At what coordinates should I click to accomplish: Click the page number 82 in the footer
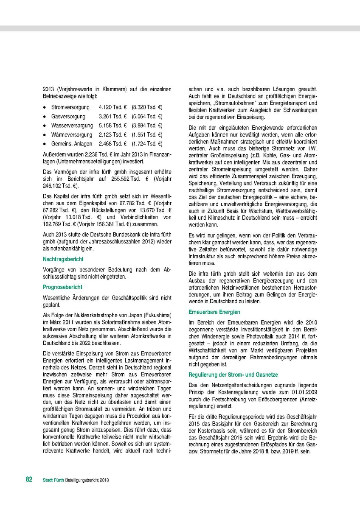point(29,479)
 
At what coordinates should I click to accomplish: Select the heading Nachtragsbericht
point(63,259)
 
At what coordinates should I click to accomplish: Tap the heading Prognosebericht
point(62,287)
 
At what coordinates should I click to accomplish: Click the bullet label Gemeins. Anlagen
point(71,144)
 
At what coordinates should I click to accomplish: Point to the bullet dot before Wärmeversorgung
point(44,135)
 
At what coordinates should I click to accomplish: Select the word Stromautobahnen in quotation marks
point(233,103)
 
